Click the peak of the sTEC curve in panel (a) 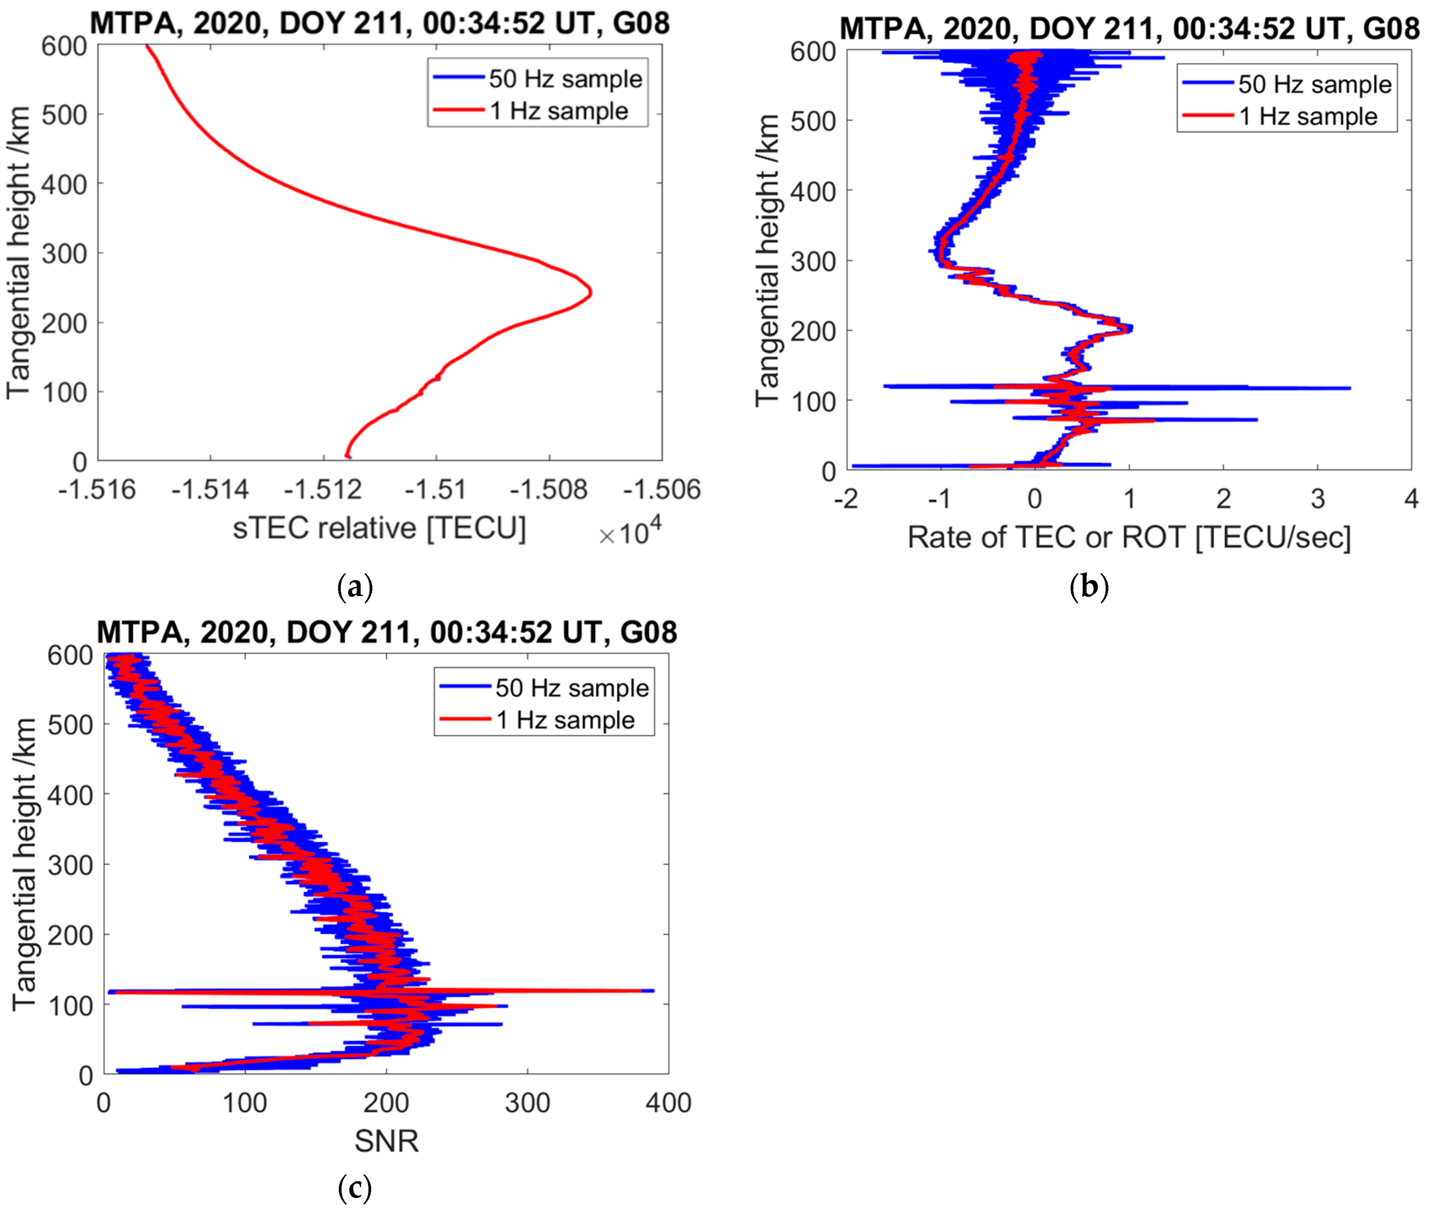(x=591, y=293)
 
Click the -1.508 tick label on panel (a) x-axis (x=549, y=490)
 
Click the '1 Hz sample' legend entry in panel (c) (x=564, y=720)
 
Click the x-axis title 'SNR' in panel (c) (x=386, y=1142)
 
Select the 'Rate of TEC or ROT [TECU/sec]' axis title (x=1129, y=538)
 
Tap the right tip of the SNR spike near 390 (x=653, y=990)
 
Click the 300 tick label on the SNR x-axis (x=528, y=1103)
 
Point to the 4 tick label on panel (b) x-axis (x=1411, y=498)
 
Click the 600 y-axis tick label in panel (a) (x=64, y=46)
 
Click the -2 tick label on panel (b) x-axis (x=846, y=498)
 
